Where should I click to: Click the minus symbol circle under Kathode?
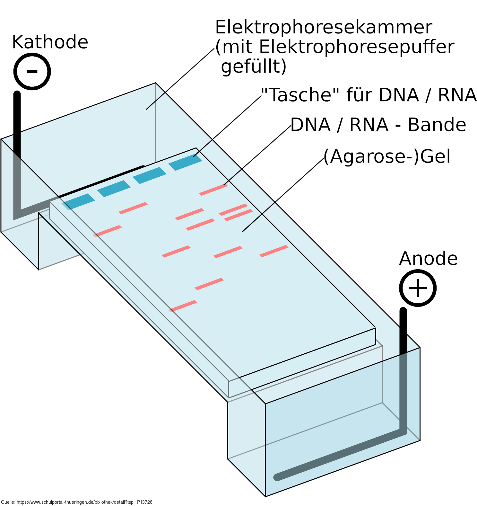tap(32, 71)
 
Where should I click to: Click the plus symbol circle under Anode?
tap(418, 288)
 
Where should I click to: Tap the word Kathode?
tap(50, 42)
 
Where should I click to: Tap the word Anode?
tap(428, 259)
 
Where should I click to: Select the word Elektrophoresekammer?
tap(324, 27)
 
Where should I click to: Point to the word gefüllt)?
tap(254, 67)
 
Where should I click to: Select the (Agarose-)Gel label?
tap(387, 156)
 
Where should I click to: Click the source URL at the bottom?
tap(77, 502)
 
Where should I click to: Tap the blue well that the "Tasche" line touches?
tap(185, 162)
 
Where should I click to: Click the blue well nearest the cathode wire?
tap(78, 201)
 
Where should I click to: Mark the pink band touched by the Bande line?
tap(213, 190)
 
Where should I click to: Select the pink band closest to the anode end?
tap(183, 306)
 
